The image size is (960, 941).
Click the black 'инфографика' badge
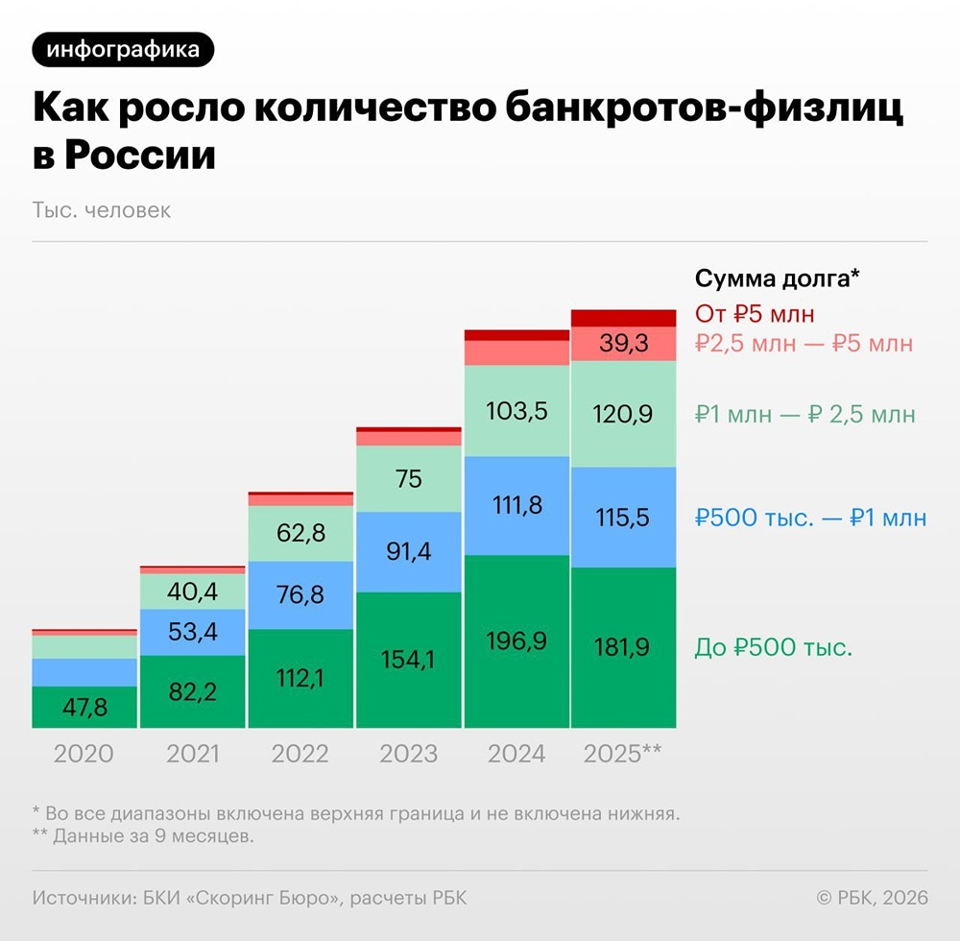(123, 50)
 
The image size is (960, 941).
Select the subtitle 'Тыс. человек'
(102, 209)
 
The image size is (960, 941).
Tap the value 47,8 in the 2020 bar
(84, 708)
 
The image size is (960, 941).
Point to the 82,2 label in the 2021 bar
(192, 691)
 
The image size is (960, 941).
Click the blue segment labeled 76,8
(300, 595)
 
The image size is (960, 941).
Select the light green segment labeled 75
(408, 478)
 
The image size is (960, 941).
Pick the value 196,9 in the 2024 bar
(516, 640)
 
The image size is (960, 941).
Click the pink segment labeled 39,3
(624, 344)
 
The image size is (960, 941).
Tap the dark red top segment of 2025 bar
(624, 318)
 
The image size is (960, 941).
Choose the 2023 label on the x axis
(408, 754)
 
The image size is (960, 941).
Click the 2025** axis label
(623, 754)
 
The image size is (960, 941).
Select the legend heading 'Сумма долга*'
(776, 278)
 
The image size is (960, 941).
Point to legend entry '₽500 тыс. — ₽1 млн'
(811, 519)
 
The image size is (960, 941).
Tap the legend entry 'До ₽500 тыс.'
(773, 647)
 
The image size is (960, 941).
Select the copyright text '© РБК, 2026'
(872, 898)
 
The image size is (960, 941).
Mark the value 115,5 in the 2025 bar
(624, 518)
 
